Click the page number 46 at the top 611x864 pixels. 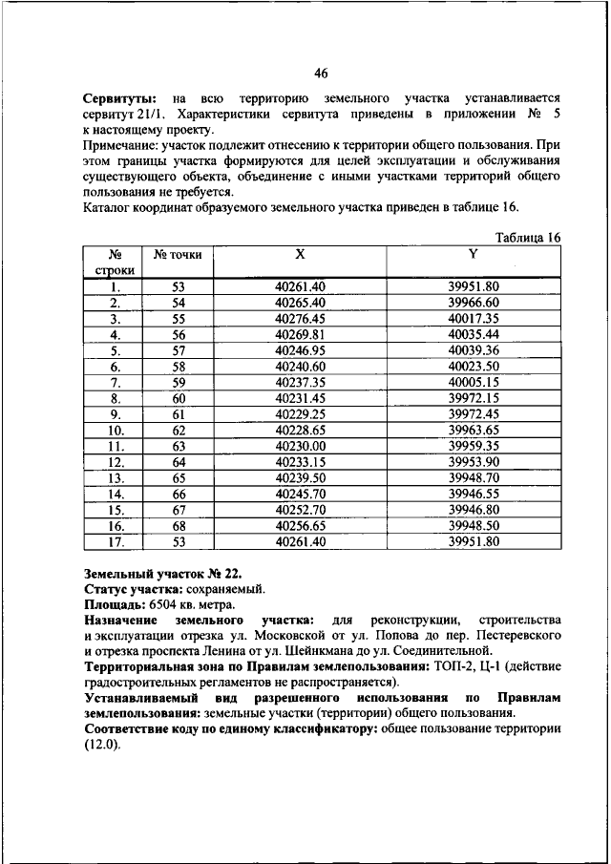[x=321, y=74]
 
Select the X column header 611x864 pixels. [x=300, y=255]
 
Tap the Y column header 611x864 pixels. [x=474, y=255]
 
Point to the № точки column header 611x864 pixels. [x=178, y=255]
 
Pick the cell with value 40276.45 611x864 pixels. [x=300, y=318]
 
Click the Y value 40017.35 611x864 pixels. [x=474, y=318]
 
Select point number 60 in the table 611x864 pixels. [x=178, y=397]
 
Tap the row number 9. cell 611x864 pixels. [x=115, y=413]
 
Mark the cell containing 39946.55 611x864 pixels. [x=474, y=494]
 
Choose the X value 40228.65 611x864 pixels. [x=300, y=430]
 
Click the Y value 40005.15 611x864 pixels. [x=474, y=382]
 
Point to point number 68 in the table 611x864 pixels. [x=178, y=525]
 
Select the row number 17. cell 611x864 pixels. [x=115, y=541]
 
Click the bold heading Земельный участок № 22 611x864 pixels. [x=163, y=574]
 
